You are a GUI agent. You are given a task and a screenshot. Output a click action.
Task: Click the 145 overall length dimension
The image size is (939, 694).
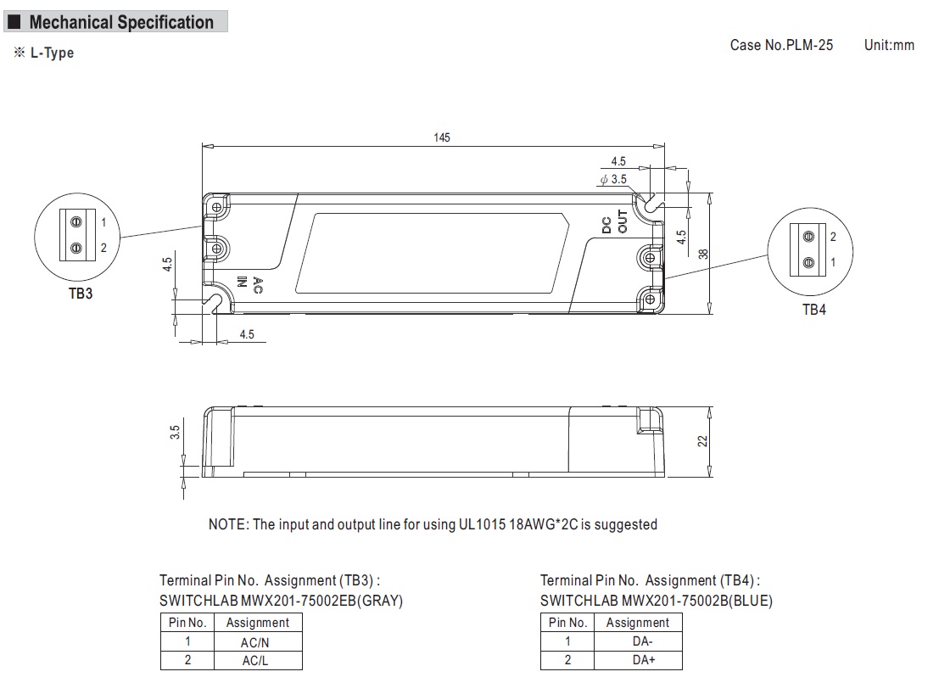coord(441,137)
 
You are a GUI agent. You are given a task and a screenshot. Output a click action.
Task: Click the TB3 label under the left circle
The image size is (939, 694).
coord(81,296)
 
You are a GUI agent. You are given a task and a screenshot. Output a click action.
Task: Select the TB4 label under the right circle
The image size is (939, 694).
coord(813,310)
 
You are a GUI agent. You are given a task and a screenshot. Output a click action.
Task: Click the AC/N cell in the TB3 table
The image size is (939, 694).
coord(254,642)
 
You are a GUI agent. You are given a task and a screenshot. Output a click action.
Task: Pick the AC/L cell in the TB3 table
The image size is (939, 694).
coord(254,660)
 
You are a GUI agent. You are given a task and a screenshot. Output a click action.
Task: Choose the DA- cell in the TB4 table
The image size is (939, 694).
coord(642,642)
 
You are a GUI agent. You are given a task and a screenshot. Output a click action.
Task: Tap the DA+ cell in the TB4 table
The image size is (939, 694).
coord(642,660)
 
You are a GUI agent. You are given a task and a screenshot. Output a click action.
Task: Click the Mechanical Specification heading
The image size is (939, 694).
coord(120,23)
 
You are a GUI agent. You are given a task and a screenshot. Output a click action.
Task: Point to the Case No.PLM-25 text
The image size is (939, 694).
coord(781,45)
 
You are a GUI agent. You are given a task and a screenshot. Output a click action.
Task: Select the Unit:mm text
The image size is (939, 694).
coord(889,45)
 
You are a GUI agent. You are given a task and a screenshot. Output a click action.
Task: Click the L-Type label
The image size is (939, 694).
coord(51,53)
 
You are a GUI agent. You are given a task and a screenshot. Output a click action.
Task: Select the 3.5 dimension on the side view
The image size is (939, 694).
coord(175,432)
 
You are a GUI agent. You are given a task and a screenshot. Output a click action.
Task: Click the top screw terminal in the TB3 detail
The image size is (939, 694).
coord(76,222)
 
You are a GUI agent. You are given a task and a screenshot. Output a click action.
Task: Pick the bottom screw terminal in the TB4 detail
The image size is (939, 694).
coord(808,262)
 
